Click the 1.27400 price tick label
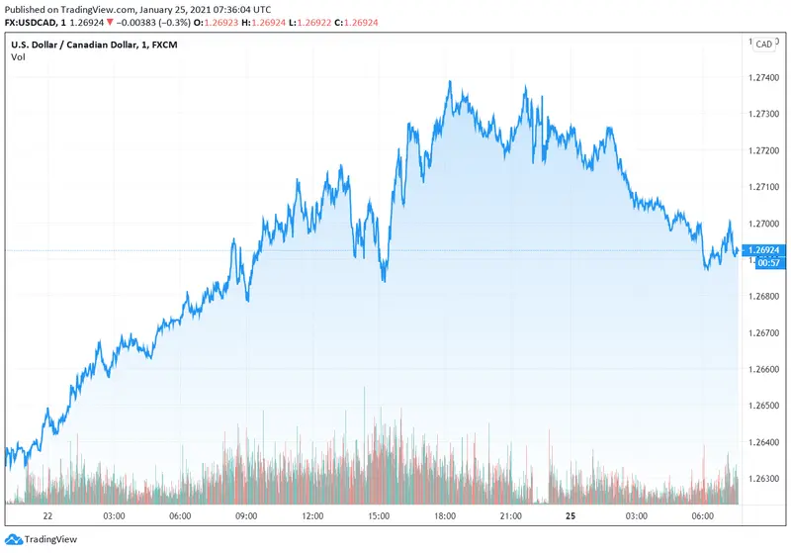point(766,77)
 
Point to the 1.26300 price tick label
point(766,478)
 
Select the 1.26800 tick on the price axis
point(766,296)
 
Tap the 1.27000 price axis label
point(766,223)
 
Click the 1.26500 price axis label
point(766,406)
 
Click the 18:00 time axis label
point(444,516)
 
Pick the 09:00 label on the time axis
point(246,516)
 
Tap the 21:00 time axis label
point(510,516)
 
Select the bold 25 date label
point(571,516)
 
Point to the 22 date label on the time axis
point(47,516)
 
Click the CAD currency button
point(764,45)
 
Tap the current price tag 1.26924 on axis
point(766,250)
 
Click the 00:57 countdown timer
point(766,263)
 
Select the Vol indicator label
point(18,57)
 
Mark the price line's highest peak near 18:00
point(450,82)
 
